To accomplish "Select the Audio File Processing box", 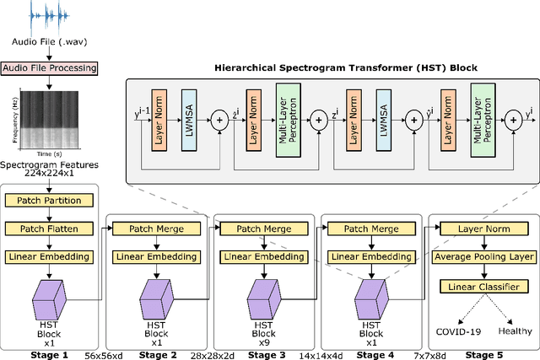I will (49, 67).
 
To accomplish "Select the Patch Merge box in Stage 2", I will (154, 228).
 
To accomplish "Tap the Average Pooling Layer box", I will (483, 256).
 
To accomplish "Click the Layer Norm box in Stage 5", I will (483, 228).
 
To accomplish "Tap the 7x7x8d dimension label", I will (411, 355).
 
